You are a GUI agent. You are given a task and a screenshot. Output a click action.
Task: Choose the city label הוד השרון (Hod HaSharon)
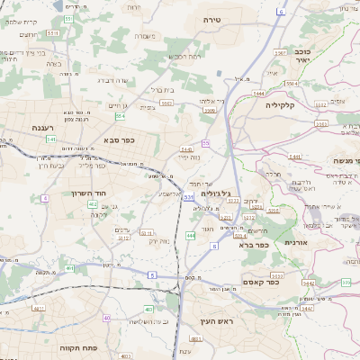coord(90,193)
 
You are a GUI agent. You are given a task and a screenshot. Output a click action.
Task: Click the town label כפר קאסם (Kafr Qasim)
coord(260,282)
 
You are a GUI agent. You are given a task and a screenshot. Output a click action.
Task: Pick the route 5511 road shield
coord(52,32)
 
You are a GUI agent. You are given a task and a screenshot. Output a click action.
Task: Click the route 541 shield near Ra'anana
coord(52,139)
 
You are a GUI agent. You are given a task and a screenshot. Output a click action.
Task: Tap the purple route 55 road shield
coord(206,143)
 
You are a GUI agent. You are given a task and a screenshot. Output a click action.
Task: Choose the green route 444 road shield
coord(191,235)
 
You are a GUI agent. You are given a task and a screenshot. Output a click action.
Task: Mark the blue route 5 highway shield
coord(152,273)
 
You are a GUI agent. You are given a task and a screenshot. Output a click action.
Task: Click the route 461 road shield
coord(69,268)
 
